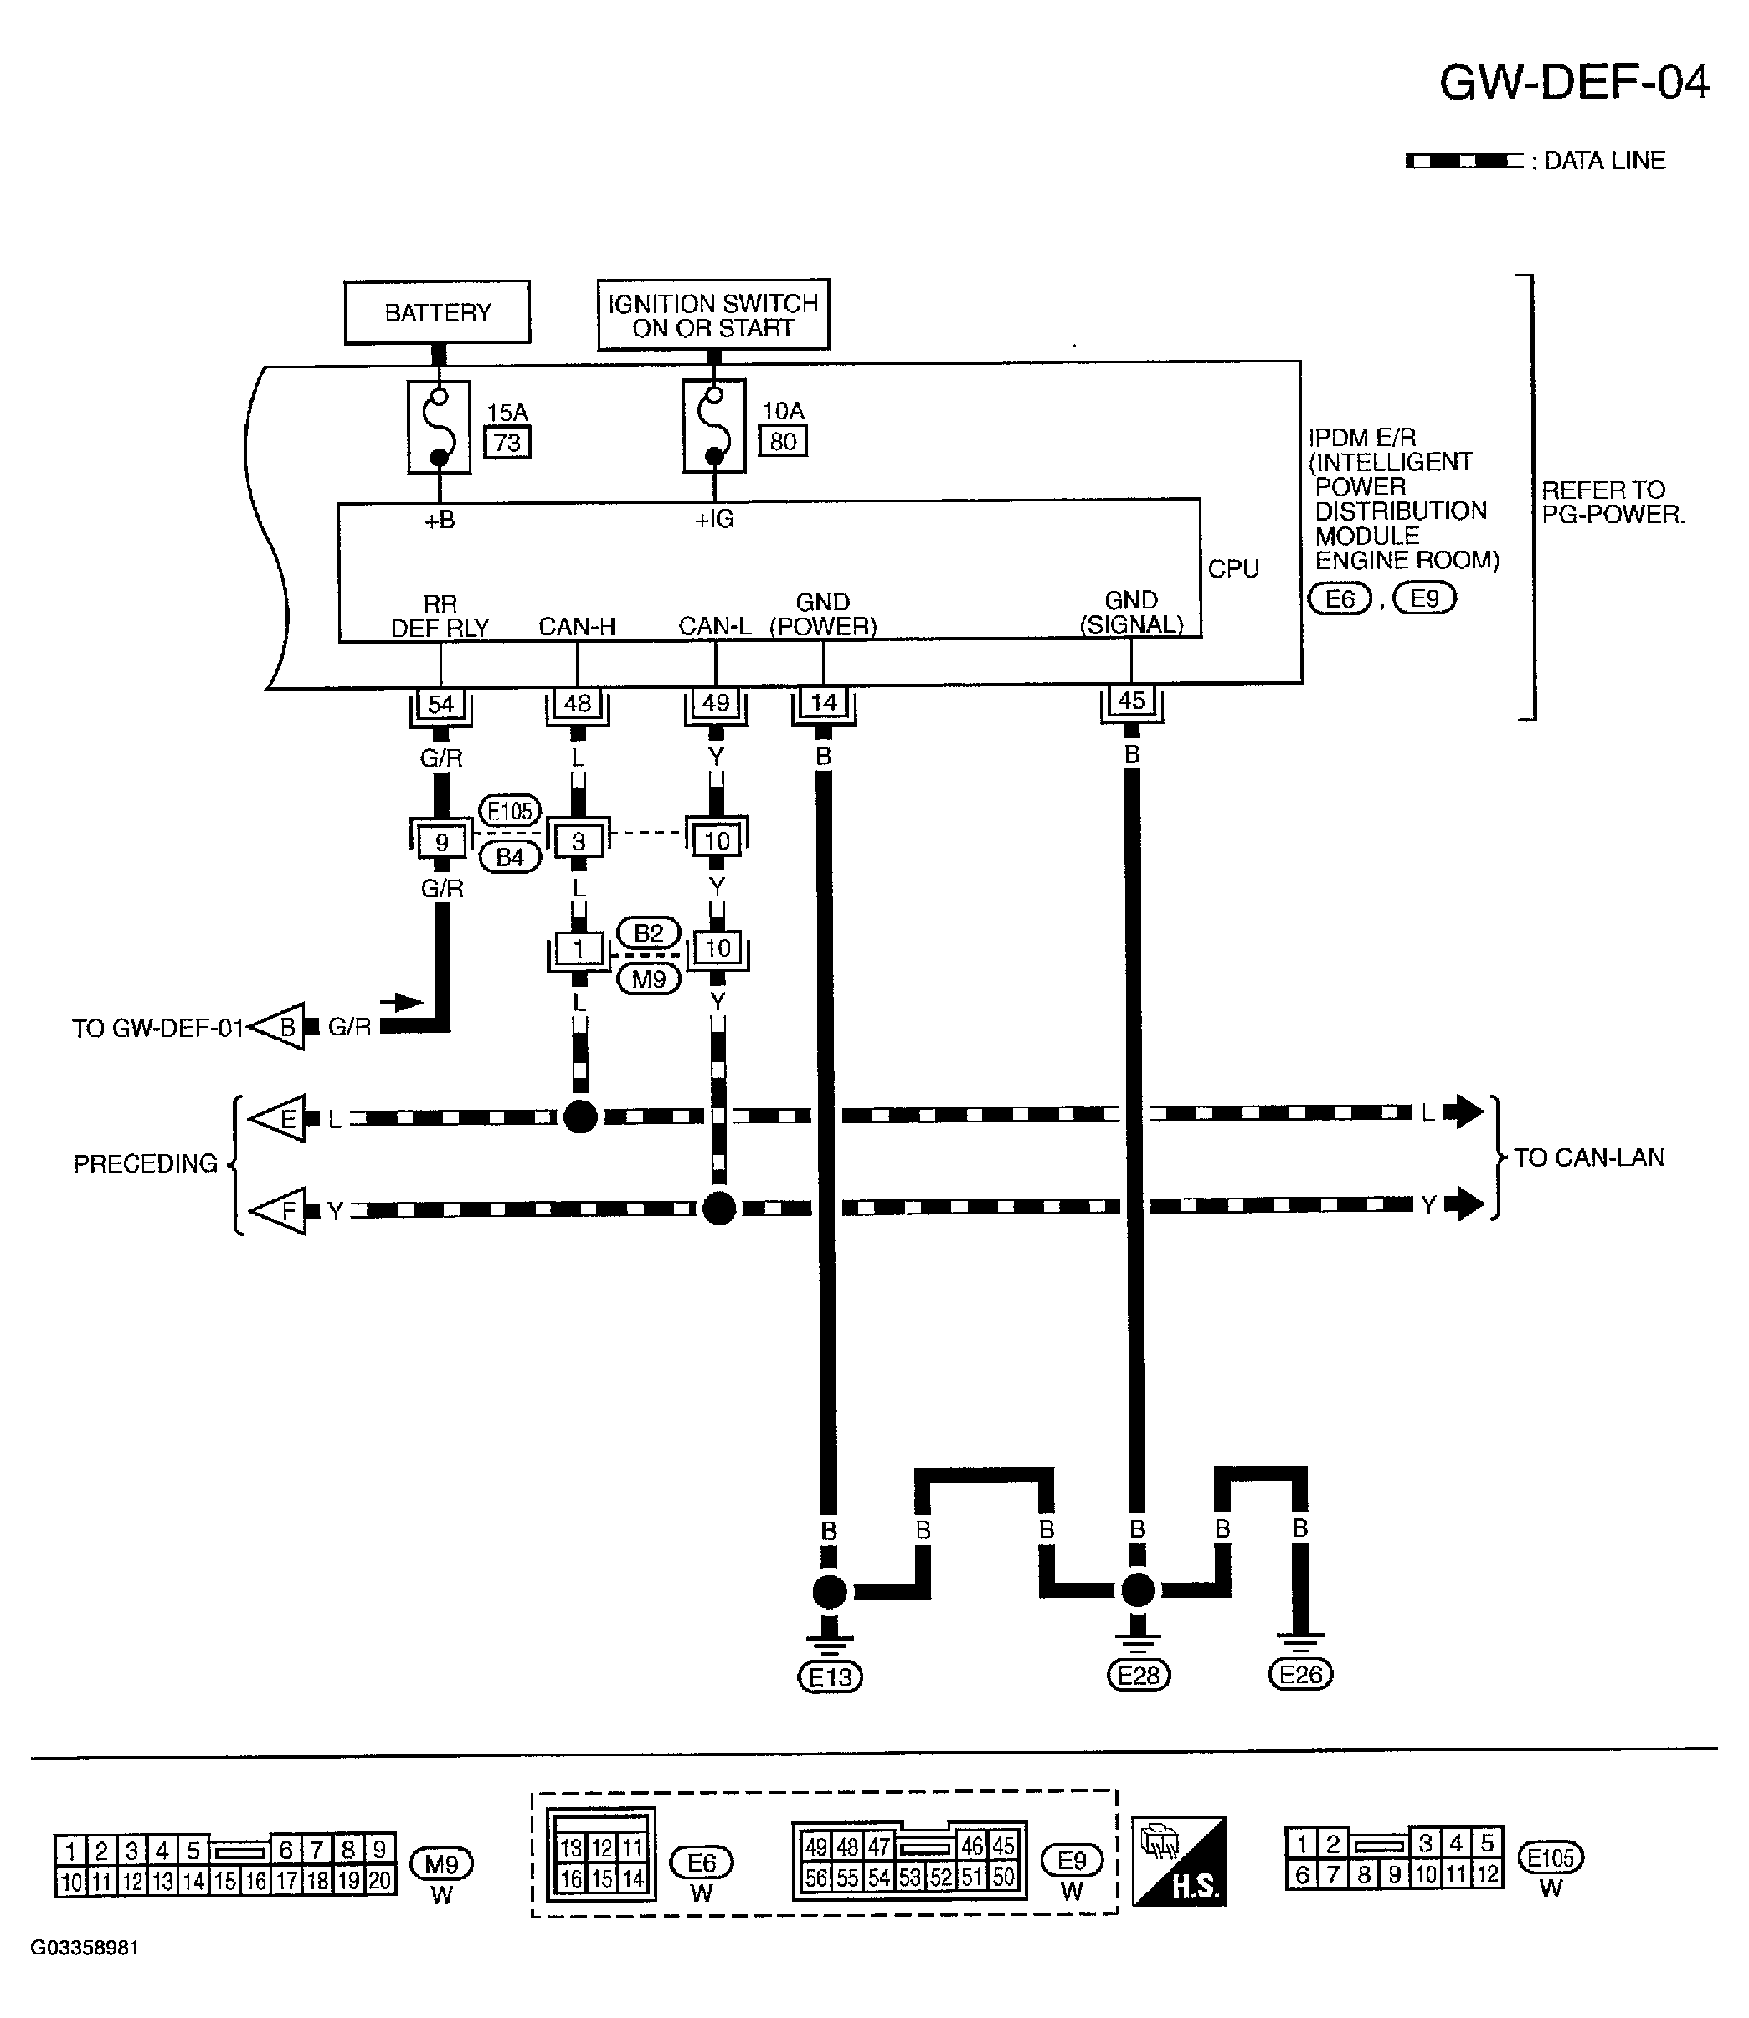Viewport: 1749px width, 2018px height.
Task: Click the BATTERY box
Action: click(x=437, y=312)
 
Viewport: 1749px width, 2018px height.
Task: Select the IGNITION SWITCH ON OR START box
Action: click(x=713, y=314)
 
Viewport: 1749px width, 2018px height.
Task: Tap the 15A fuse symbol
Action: click(x=440, y=426)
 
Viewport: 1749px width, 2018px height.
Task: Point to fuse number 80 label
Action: click(x=783, y=441)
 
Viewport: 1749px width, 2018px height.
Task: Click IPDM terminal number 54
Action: click(x=440, y=704)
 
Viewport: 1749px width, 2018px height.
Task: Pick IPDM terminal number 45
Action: click(x=1131, y=701)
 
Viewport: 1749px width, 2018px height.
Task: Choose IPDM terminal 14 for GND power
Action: click(x=824, y=702)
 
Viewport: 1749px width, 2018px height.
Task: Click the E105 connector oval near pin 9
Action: click(x=510, y=811)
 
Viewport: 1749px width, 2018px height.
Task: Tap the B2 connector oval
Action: click(x=648, y=934)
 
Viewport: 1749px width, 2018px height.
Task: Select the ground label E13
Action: click(x=830, y=1677)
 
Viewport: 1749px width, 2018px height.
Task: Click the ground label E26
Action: click(x=1300, y=1675)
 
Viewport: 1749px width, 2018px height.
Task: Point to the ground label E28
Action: click(x=1138, y=1676)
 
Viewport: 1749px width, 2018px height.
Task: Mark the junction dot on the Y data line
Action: click(x=719, y=1208)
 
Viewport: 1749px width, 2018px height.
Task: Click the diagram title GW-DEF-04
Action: click(x=1574, y=83)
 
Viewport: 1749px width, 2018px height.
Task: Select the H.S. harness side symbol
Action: click(x=1178, y=1861)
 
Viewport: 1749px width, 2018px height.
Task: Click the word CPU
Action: click(x=1233, y=569)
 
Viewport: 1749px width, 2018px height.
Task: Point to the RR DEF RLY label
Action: click(x=440, y=616)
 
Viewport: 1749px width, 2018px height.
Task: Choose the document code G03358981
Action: click(x=85, y=1975)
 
